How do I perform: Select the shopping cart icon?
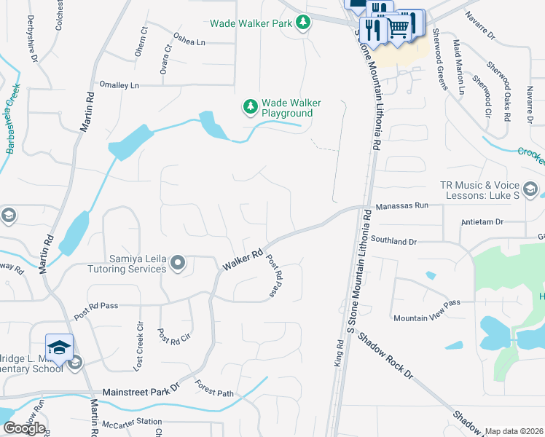tap(398, 28)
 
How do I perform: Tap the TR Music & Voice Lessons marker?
tap(530, 190)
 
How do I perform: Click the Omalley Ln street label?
tap(119, 85)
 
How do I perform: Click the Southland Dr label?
tap(393, 240)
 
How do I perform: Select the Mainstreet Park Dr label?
tap(140, 391)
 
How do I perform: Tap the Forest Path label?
tap(215, 393)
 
